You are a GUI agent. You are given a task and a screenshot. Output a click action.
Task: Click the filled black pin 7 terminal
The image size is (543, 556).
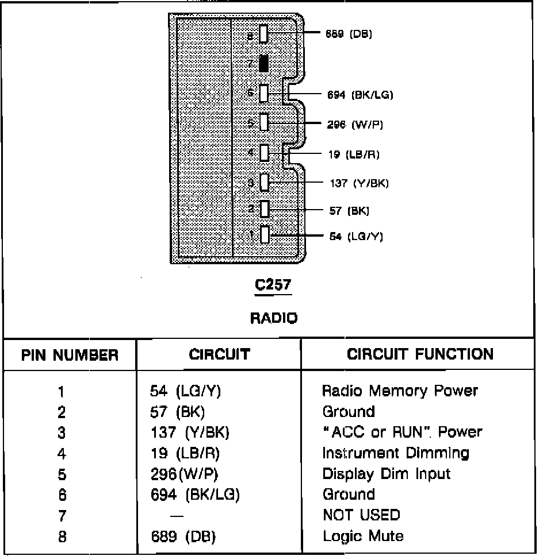(x=264, y=64)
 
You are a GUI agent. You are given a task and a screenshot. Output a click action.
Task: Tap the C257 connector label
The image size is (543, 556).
(x=274, y=285)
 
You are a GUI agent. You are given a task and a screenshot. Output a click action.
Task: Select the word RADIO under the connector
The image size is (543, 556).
(x=274, y=318)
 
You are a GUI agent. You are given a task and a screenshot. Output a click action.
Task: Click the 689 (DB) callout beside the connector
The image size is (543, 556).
(x=350, y=34)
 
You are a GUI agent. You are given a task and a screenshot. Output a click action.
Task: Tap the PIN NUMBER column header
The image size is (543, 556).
(x=70, y=354)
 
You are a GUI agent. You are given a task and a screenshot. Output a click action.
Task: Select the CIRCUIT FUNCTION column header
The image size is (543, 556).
(x=420, y=354)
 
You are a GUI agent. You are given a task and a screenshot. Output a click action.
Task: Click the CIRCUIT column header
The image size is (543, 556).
(x=219, y=354)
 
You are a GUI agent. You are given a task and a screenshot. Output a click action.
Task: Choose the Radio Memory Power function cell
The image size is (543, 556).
(x=400, y=391)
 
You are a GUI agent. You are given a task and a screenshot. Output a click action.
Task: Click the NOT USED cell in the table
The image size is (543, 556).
(x=361, y=515)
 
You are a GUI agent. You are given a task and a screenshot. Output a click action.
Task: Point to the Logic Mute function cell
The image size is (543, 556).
(x=363, y=536)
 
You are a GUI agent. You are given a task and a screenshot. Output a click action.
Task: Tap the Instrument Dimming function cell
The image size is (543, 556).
(x=396, y=453)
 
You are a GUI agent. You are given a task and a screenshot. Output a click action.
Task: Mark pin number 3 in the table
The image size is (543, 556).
(x=62, y=433)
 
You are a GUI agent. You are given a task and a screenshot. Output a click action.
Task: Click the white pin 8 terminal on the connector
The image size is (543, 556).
(x=264, y=34)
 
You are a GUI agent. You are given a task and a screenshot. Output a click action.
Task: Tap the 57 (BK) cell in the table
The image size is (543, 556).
(x=177, y=412)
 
